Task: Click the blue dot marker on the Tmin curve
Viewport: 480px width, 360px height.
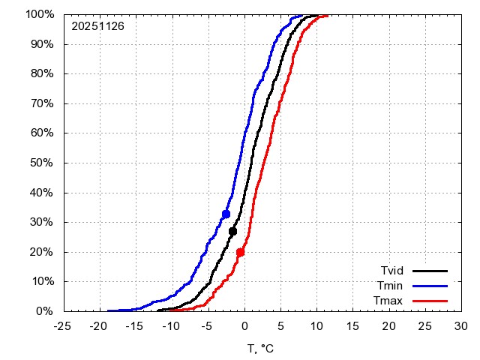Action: [x=226, y=214]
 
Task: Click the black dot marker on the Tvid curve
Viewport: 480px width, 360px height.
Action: [x=232, y=231]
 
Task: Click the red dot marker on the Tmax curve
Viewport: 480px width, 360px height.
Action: [x=240, y=253]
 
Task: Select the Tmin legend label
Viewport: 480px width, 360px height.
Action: [x=391, y=286]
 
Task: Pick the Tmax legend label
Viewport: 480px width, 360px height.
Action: [x=390, y=301]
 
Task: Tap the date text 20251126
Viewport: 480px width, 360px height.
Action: [x=97, y=25]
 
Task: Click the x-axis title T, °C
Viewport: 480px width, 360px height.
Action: [x=262, y=348]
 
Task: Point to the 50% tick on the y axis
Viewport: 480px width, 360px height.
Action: [x=42, y=163]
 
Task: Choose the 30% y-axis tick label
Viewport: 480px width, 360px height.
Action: [x=42, y=222]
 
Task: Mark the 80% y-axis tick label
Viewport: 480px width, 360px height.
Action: [x=42, y=73]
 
